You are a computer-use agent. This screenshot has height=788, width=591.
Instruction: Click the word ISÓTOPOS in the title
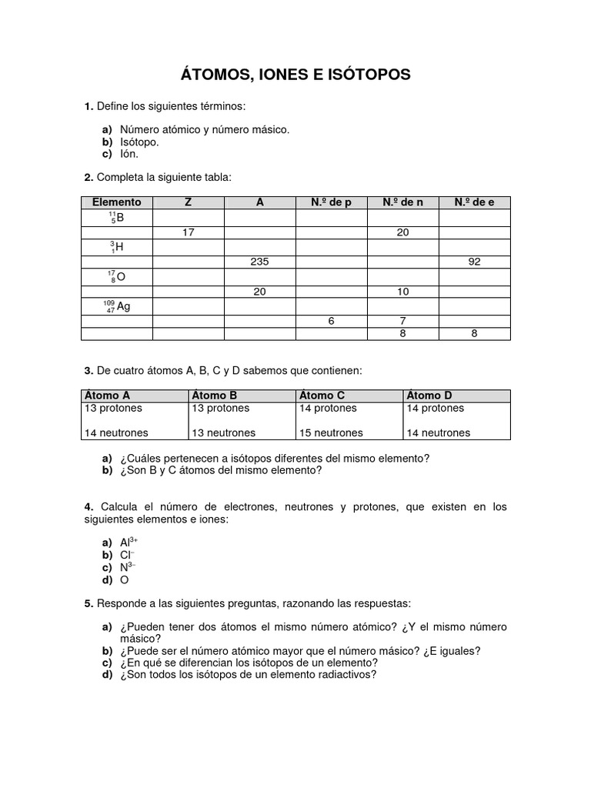coord(368,75)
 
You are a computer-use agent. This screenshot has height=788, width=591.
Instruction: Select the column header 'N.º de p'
coord(331,202)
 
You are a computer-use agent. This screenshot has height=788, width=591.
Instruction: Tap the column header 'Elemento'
coord(116,202)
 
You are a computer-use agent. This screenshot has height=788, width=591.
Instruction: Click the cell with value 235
coord(259,262)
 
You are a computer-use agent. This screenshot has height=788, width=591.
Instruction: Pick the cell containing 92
coord(474,262)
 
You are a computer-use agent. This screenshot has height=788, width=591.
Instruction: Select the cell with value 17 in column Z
coord(188,232)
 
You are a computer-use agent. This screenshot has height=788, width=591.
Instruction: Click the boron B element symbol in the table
coord(116,218)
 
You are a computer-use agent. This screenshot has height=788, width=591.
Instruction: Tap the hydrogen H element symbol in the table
coord(116,247)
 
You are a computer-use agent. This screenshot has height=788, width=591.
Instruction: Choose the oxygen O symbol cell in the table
coord(116,277)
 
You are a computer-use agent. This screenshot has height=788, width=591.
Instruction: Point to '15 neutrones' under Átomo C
coord(331,433)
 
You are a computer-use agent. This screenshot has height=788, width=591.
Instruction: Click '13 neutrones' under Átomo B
coord(223,433)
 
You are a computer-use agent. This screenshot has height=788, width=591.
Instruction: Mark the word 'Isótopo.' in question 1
coord(139,142)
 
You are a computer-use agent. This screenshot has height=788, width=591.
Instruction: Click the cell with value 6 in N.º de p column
coord(331,321)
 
